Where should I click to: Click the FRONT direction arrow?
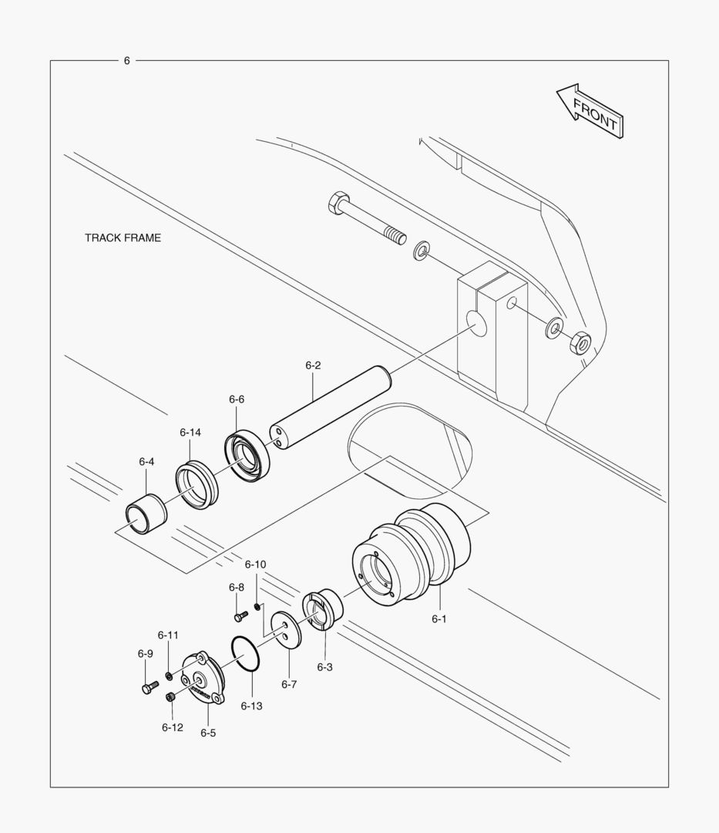click(x=590, y=112)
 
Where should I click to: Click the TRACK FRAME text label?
click(x=123, y=238)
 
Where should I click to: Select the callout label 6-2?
click(x=312, y=365)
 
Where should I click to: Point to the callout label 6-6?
click(x=237, y=399)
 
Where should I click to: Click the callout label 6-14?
click(x=190, y=432)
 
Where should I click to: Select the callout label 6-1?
click(x=438, y=619)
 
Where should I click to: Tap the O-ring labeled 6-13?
click(x=247, y=655)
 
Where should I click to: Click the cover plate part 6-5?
click(x=203, y=680)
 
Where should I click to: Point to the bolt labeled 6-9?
click(x=149, y=686)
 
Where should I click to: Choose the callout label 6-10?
click(x=255, y=564)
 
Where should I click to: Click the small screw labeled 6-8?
click(x=240, y=615)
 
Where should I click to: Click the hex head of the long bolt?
click(x=338, y=204)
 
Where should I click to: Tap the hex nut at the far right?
click(x=580, y=342)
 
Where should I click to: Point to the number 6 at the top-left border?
click(x=127, y=61)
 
